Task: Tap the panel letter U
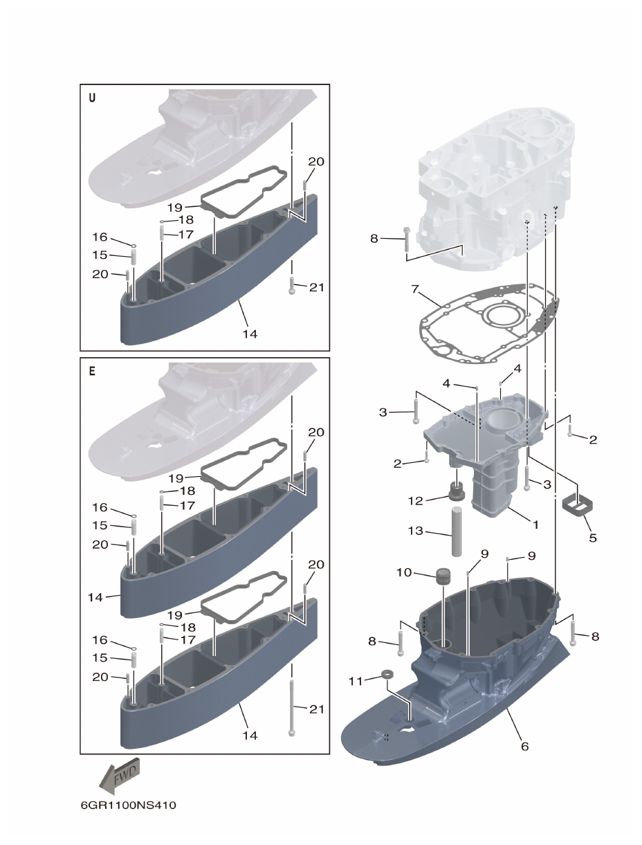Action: pos(92,98)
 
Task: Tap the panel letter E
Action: pos(92,370)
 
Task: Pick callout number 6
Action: pos(524,747)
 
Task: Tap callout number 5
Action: pos(592,537)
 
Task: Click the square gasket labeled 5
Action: pos(576,504)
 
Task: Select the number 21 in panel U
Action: pos(317,287)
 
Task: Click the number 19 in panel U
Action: pos(174,207)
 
